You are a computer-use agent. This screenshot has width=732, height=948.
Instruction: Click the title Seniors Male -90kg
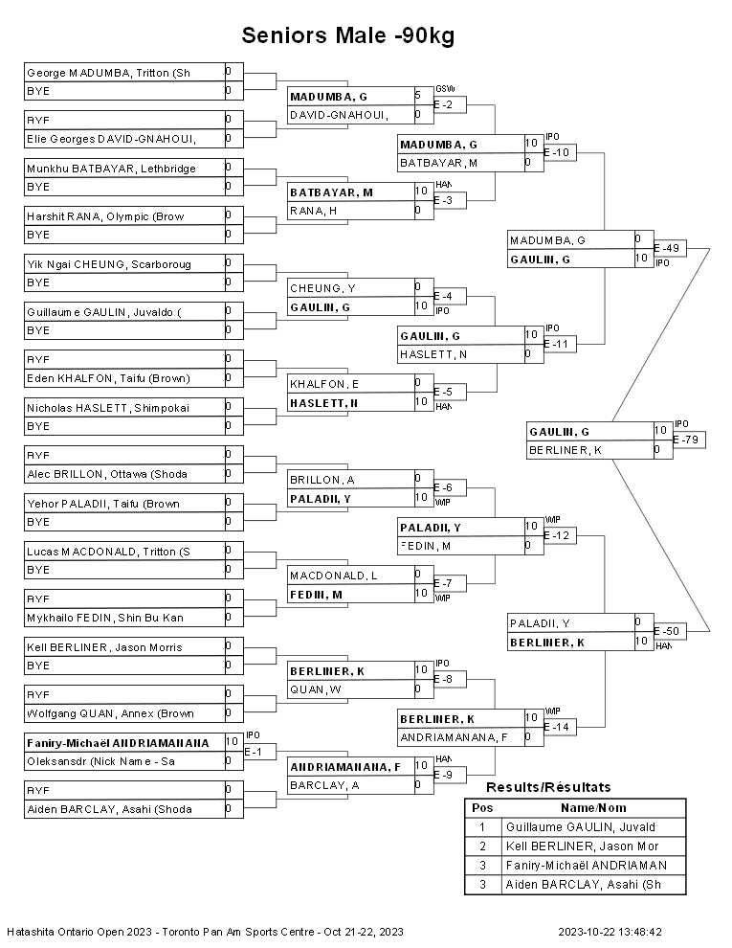click(347, 36)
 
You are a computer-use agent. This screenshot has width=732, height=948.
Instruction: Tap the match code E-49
click(667, 248)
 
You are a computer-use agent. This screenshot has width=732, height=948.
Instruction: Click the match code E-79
click(686, 440)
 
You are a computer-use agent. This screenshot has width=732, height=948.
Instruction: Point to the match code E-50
click(667, 631)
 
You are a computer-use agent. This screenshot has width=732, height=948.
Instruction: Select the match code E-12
click(560, 535)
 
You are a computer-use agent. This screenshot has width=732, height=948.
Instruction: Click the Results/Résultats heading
click(548, 787)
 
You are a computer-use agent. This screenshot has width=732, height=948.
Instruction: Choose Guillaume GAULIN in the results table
click(593, 827)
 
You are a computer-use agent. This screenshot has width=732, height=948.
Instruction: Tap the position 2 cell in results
click(482, 846)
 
